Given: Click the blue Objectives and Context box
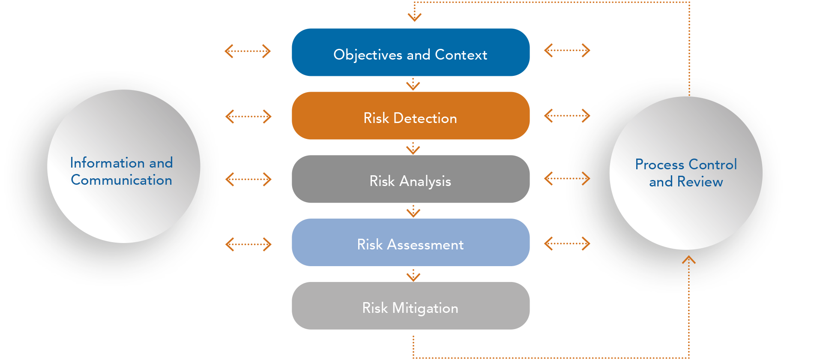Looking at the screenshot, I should tap(410, 52).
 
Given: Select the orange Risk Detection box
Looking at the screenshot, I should tap(410, 116).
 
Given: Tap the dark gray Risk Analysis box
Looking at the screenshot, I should tap(410, 179).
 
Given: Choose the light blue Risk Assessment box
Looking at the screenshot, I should tap(410, 243).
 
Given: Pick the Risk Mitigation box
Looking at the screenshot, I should tap(410, 306).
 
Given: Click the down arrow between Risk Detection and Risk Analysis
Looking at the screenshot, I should tap(413, 148).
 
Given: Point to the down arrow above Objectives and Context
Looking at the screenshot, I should tap(414, 15).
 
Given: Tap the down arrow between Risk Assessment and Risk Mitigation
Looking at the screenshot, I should tap(413, 276).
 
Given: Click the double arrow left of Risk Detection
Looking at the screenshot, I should tap(248, 116).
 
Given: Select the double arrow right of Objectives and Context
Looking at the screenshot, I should tap(567, 51).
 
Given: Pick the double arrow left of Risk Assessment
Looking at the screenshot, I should tap(248, 244).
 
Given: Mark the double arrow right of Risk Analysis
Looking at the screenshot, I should tap(567, 178).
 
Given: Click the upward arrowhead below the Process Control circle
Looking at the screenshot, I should tap(688, 260).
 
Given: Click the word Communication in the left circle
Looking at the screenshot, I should tap(121, 180).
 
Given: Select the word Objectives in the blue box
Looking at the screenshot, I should tap(368, 55).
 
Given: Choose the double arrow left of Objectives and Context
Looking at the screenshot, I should tap(248, 51).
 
